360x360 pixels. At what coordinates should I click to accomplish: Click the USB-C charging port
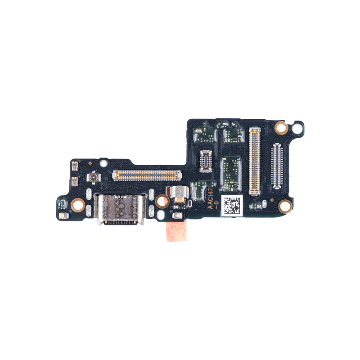coord(119,208)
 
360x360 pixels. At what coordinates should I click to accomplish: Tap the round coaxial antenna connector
coord(94,179)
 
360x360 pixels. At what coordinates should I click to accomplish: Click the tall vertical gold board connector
coord(255,161)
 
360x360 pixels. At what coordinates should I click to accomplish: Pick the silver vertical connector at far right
coord(277,166)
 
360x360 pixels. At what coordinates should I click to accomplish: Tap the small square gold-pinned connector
coord(205,162)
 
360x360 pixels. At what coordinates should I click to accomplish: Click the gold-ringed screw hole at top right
coord(281,128)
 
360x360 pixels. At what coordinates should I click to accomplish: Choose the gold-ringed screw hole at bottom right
coord(285,207)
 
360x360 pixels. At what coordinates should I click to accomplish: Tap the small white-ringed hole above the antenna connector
coord(103,163)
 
